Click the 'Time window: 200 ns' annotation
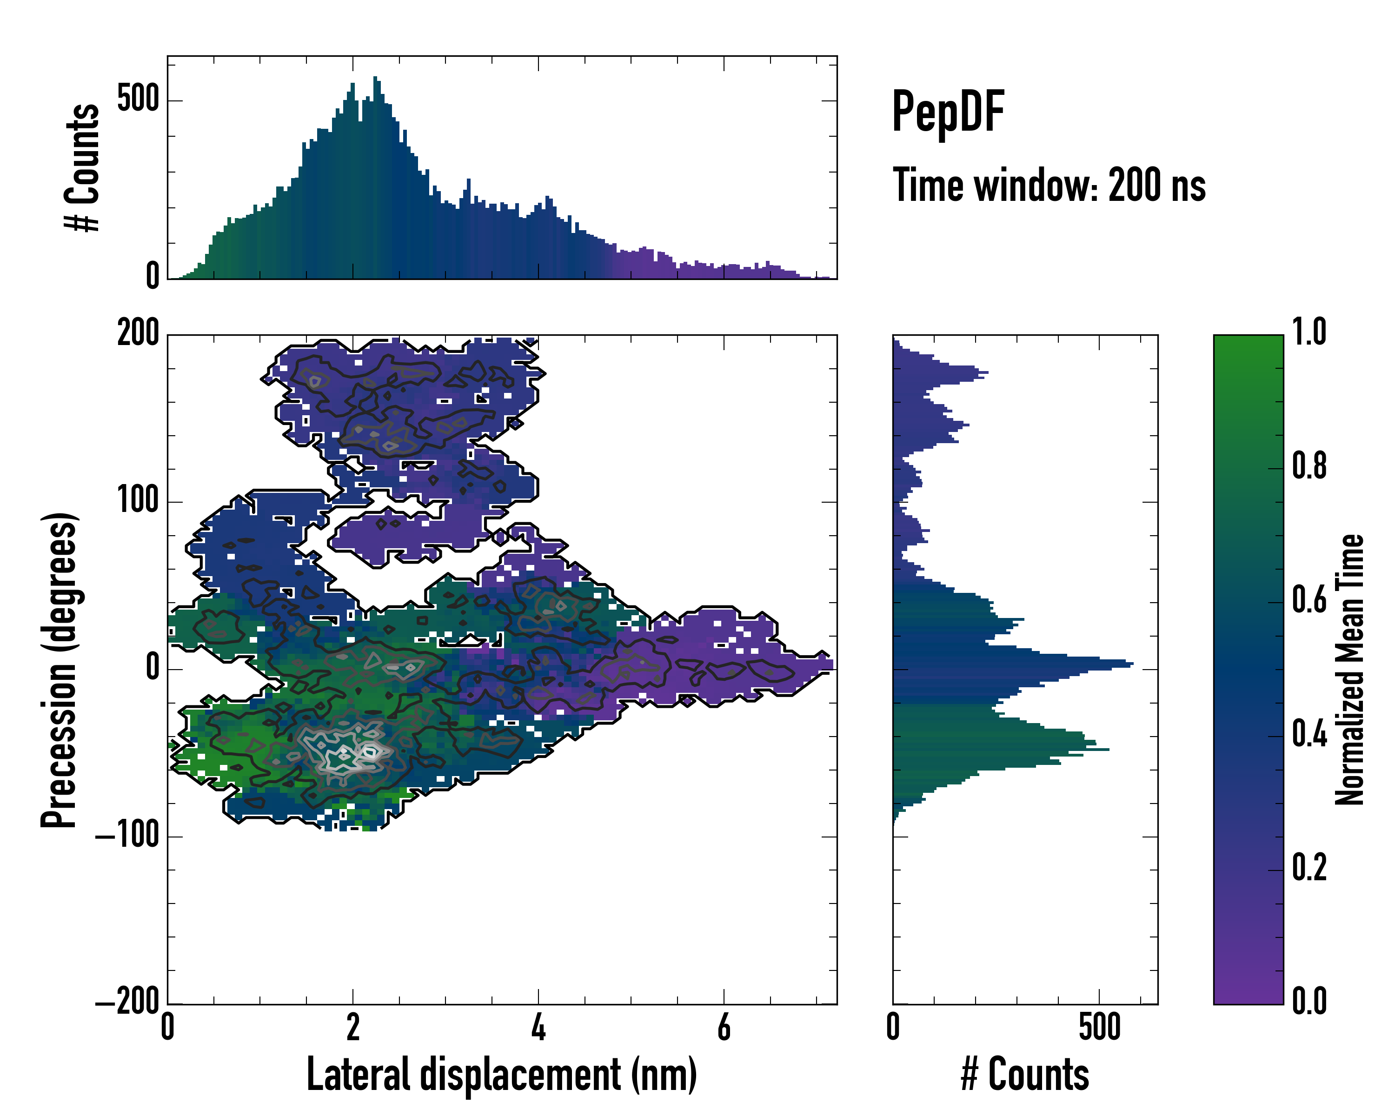pyautogui.click(x=1049, y=186)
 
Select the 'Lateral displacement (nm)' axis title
pyautogui.click(x=501, y=1075)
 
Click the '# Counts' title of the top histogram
pyautogui.click(x=82, y=167)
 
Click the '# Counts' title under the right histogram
pyautogui.click(x=1025, y=1075)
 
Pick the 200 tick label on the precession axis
pyautogui.click(x=138, y=334)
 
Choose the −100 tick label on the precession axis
pyautogui.click(x=127, y=837)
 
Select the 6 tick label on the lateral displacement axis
pyautogui.click(x=724, y=1027)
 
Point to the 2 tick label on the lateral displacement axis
pyautogui.click(x=352, y=1027)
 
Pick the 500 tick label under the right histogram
pyautogui.click(x=1099, y=1027)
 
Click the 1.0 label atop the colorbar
pyautogui.click(x=1309, y=332)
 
